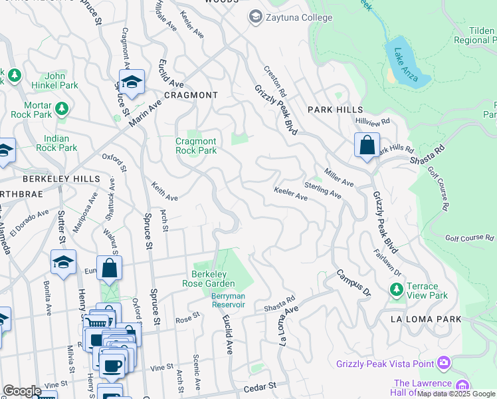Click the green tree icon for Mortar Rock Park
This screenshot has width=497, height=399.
coord(62,107)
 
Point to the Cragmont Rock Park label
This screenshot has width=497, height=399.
coord(195,146)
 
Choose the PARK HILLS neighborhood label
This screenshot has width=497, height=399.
coord(336,109)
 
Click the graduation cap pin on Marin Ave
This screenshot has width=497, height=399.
coord(132,82)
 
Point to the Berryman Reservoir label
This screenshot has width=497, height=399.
coord(228,300)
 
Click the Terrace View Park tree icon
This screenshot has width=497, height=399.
coord(397,289)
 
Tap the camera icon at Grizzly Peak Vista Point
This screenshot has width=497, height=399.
coord(443,363)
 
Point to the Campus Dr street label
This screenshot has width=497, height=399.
coord(352,283)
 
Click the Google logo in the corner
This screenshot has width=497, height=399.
coord(22,391)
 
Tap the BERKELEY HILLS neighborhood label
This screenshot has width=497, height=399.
coord(61,179)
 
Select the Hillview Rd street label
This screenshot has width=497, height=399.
coord(372,122)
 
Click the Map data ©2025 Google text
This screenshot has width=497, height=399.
coord(456,394)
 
